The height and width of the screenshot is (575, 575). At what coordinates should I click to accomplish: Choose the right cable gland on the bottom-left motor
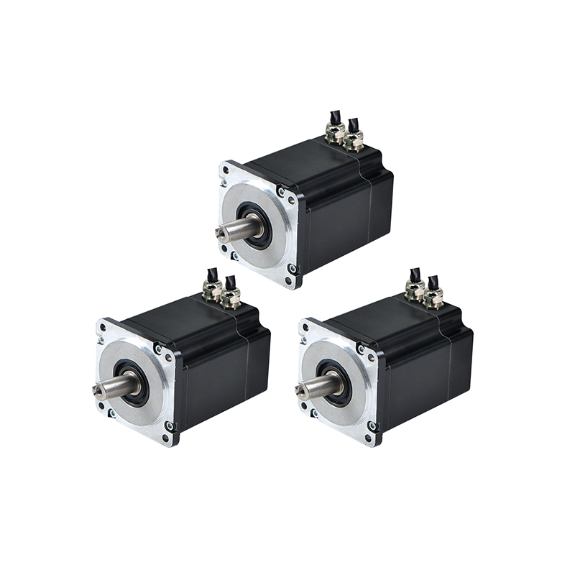pos(231,297)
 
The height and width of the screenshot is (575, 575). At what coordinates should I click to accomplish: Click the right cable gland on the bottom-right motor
pos(433,295)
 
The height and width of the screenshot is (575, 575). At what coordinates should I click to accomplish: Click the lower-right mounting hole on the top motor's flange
pos(292,269)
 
